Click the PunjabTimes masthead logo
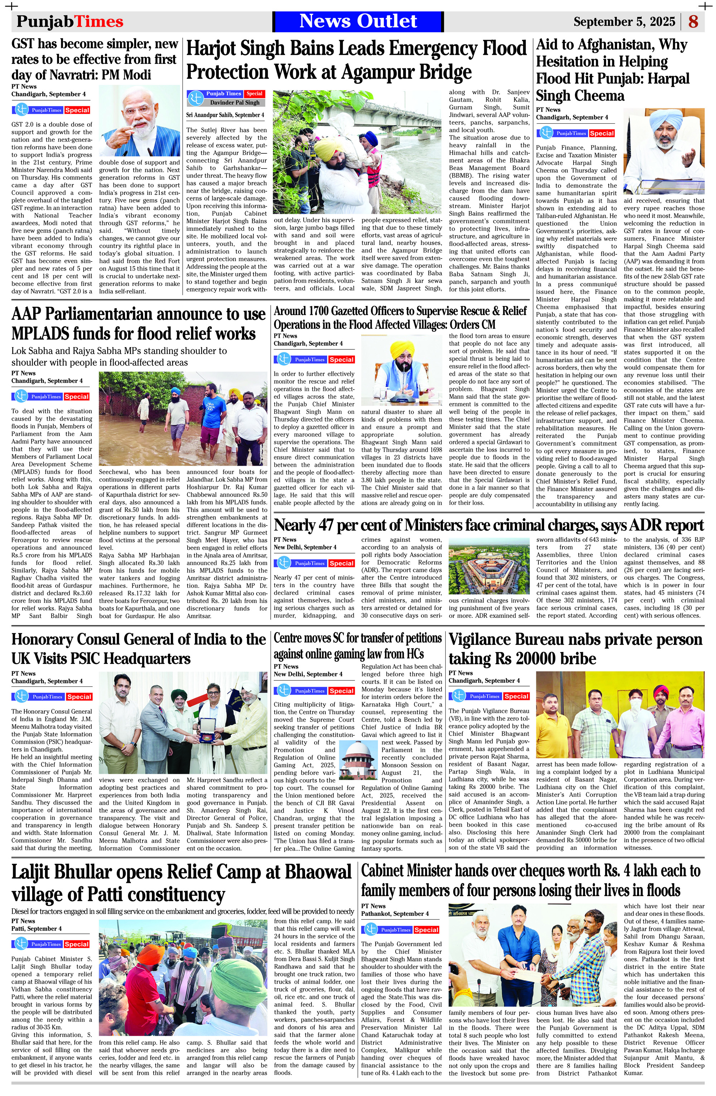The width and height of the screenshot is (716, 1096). (x=70, y=21)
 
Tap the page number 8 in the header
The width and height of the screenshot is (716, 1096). (x=693, y=21)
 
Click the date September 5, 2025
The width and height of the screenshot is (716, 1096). (x=624, y=21)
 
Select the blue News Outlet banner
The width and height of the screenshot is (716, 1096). (x=358, y=21)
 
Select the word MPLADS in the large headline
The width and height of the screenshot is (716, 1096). (x=52, y=334)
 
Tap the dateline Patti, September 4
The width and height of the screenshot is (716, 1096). (x=37, y=928)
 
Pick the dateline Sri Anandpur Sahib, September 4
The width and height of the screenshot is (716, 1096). (x=225, y=115)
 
